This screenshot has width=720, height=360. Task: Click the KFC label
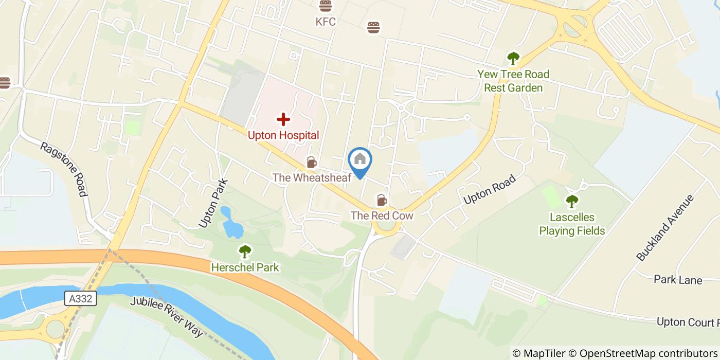[x=326, y=22]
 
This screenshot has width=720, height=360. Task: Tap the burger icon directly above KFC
[x=325, y=6]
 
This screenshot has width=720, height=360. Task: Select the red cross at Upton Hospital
[x=283, y=120]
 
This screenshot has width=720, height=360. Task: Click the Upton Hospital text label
[x=283, y=135]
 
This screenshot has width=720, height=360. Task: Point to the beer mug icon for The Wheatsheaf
[x=311, y=163]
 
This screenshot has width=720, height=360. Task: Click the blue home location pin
[x=360, y=160]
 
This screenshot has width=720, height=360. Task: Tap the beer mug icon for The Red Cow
[x=382, y=200]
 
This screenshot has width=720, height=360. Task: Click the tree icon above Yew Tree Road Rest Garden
[x=513, y=58]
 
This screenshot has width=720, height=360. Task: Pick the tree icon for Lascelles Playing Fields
[x=572, y=202]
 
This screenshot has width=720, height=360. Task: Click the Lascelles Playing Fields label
[x=572, y=224]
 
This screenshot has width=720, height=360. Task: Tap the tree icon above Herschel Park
[x=245, y=251]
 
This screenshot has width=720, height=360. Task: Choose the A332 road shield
[x=81, y=298]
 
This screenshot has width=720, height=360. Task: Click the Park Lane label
[x=678, y=280]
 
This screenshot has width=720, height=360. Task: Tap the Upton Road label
[x=489, y=190]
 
